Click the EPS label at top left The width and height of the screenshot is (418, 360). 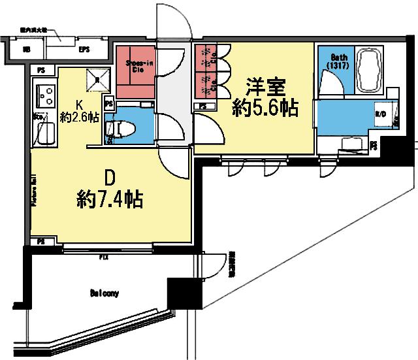point(84,49)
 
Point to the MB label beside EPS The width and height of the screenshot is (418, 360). point(27,49)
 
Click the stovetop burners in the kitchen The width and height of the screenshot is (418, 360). point(45,97)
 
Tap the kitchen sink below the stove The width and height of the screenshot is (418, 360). point(44,134)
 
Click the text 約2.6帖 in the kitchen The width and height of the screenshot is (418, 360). point(79,118)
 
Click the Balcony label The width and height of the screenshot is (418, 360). point(104,293)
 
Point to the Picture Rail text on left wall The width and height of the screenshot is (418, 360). point(33,189)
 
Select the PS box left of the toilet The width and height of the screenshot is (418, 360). point(109,103)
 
